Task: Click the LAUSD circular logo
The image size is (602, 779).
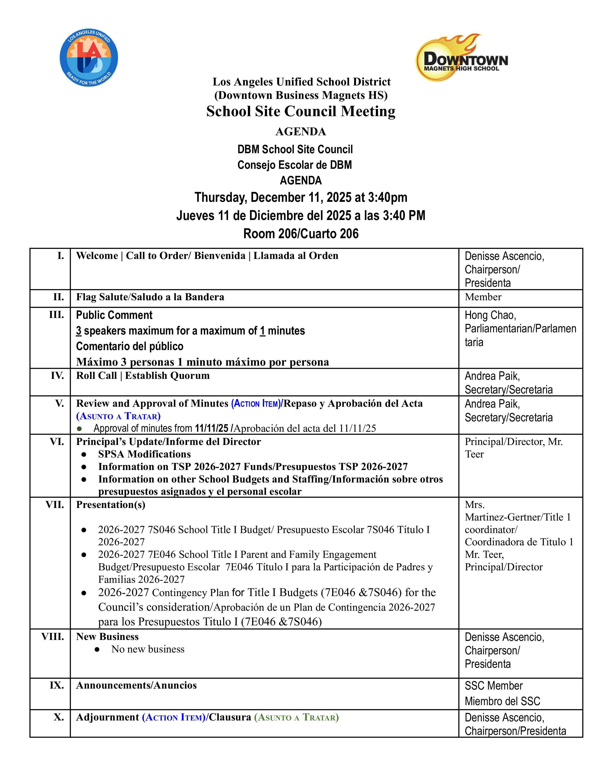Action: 89,58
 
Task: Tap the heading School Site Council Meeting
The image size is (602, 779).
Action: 301,111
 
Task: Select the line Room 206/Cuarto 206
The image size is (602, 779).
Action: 301,234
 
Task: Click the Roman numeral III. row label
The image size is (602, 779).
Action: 56,315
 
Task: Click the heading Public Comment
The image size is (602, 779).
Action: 114,315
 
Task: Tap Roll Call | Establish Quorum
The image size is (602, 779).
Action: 143,375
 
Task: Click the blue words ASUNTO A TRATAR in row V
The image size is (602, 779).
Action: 119,416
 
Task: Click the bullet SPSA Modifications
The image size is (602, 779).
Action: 144,454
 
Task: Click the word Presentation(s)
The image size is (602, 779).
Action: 110,504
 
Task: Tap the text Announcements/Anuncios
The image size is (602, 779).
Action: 136,685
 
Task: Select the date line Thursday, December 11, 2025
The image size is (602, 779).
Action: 301,197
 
